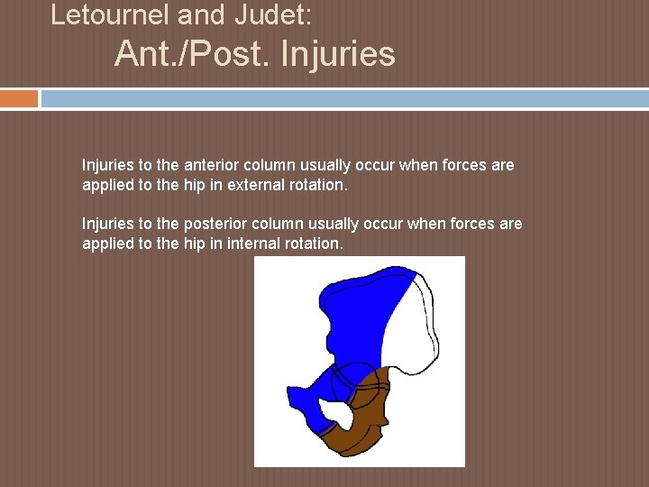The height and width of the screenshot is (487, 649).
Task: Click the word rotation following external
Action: (315, 184)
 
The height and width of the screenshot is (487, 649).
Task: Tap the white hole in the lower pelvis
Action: (338, 413)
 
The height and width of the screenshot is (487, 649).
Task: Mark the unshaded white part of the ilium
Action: (415, 325)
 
